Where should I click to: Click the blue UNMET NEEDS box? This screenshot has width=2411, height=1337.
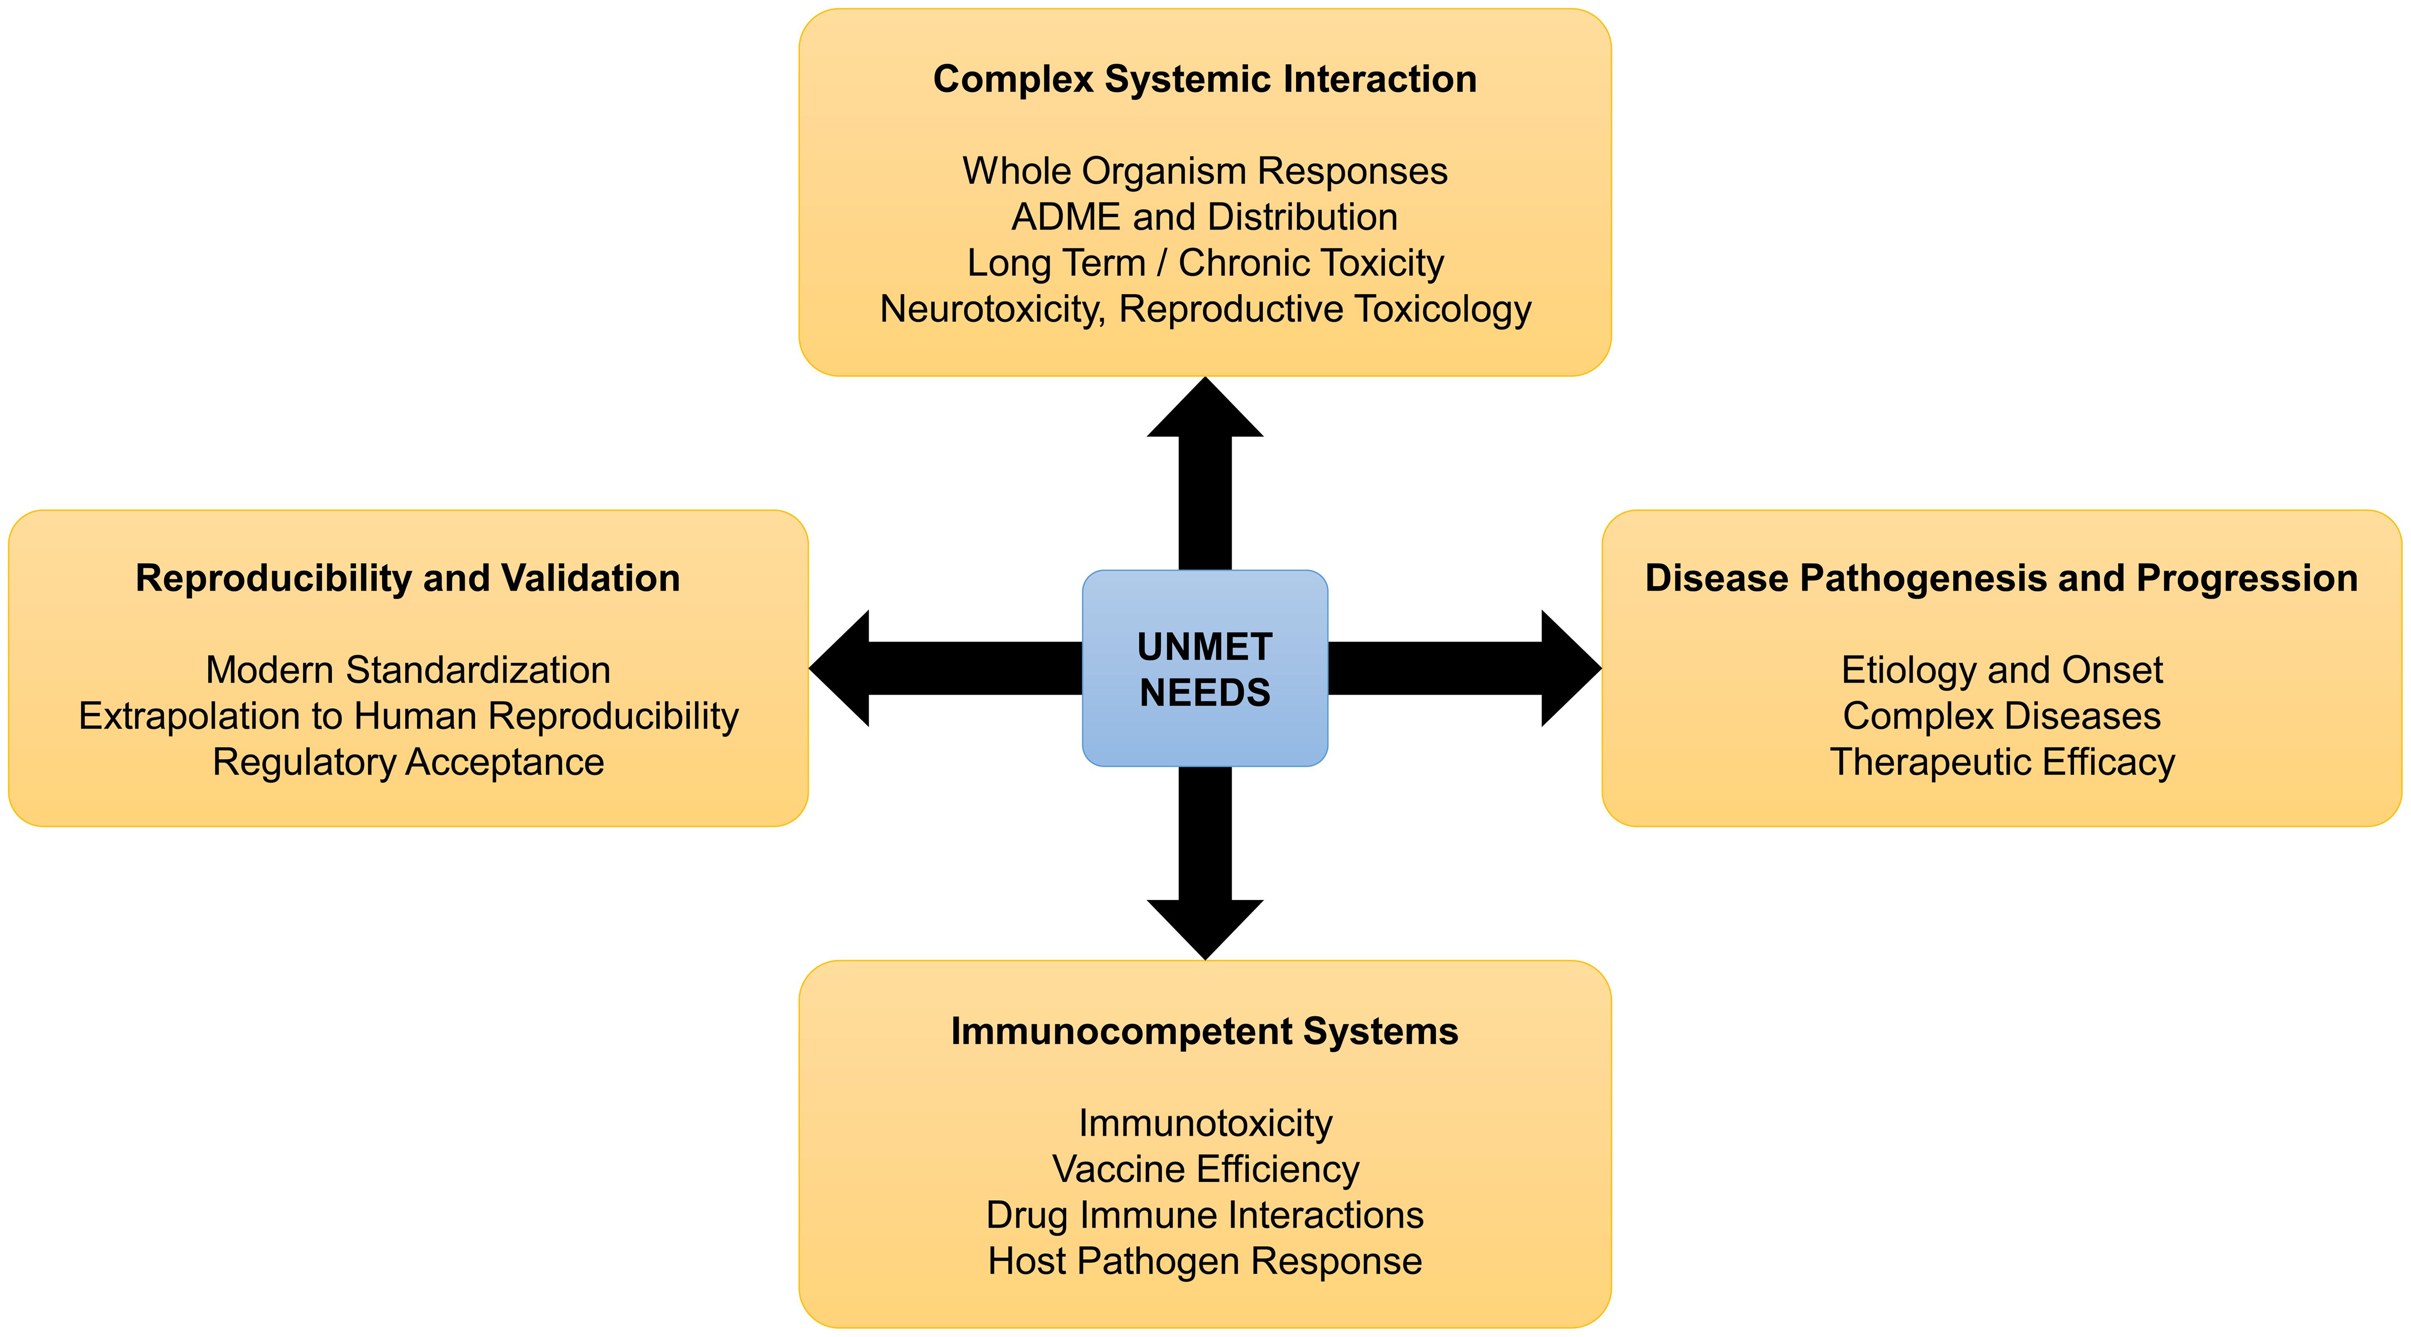point(1205,668)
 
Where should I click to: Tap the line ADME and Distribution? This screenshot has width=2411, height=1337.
point(1205,217)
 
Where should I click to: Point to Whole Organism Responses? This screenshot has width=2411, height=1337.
point(1205,171)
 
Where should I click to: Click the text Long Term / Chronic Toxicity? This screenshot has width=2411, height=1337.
point(1205,263)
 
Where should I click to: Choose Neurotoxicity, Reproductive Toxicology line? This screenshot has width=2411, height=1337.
point(1205,309)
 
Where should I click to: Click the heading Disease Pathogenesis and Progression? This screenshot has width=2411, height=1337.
point(2001,578)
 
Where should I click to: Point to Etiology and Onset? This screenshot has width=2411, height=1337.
point(2001,670)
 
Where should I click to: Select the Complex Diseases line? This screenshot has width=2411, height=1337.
point(2001,716)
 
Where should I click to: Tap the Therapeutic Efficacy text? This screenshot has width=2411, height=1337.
point(2001,762)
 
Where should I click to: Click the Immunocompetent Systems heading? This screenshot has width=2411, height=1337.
point(1205,1032)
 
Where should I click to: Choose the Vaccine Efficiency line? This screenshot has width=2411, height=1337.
point(1205,1170)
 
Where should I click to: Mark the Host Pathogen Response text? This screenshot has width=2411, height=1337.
point(1205,1261)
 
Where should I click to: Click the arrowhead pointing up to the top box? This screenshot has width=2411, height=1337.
point(1205,412)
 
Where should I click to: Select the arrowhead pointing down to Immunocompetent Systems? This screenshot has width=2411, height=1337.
point(1205,927)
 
